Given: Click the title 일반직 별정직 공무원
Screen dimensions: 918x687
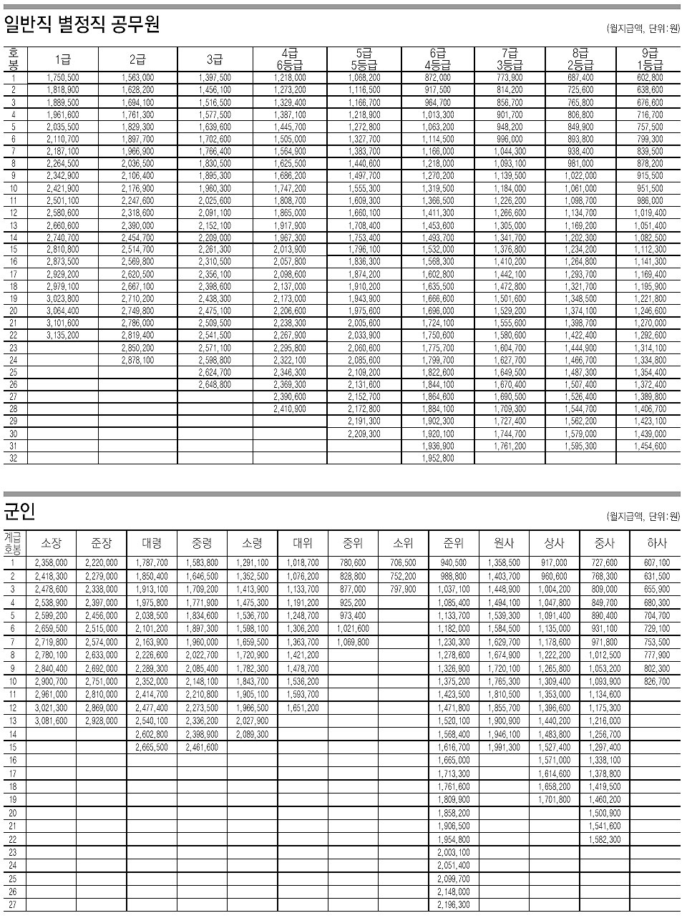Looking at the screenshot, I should pos(82,26).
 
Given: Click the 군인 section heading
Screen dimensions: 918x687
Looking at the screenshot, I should pos(20,512).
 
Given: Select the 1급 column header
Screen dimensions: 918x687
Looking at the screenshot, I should pos(63,59).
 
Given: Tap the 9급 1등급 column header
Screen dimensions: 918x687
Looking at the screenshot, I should pos(650,59).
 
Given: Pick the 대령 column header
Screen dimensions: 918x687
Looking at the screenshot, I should pos(152,544).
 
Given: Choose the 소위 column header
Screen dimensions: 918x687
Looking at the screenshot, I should pos(404,544).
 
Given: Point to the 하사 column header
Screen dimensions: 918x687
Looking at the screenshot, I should pos(656,544).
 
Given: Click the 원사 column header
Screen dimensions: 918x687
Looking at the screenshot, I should pos(505,544).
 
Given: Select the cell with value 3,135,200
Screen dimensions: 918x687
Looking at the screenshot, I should pos(63,335).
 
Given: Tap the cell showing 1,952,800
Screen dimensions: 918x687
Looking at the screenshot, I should pos(438,458).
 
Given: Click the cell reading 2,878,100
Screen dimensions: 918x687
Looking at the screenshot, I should pos(138,360).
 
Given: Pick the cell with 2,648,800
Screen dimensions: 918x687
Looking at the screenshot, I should pos(215,384).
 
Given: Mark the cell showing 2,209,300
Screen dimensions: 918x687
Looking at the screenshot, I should pos(364,434).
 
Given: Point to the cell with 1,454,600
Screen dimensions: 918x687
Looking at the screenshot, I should pos(650,446).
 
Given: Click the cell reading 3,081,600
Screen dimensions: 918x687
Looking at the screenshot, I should pos(52,721).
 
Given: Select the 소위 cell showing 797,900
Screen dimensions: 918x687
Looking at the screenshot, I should pos(404,590).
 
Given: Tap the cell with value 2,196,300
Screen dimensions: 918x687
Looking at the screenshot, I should pos(454,905).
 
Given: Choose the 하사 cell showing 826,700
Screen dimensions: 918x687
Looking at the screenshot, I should pos(656,682).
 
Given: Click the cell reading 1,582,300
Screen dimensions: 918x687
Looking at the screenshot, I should pos(605,839).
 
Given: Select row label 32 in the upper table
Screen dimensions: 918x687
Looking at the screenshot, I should pos(14,458).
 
